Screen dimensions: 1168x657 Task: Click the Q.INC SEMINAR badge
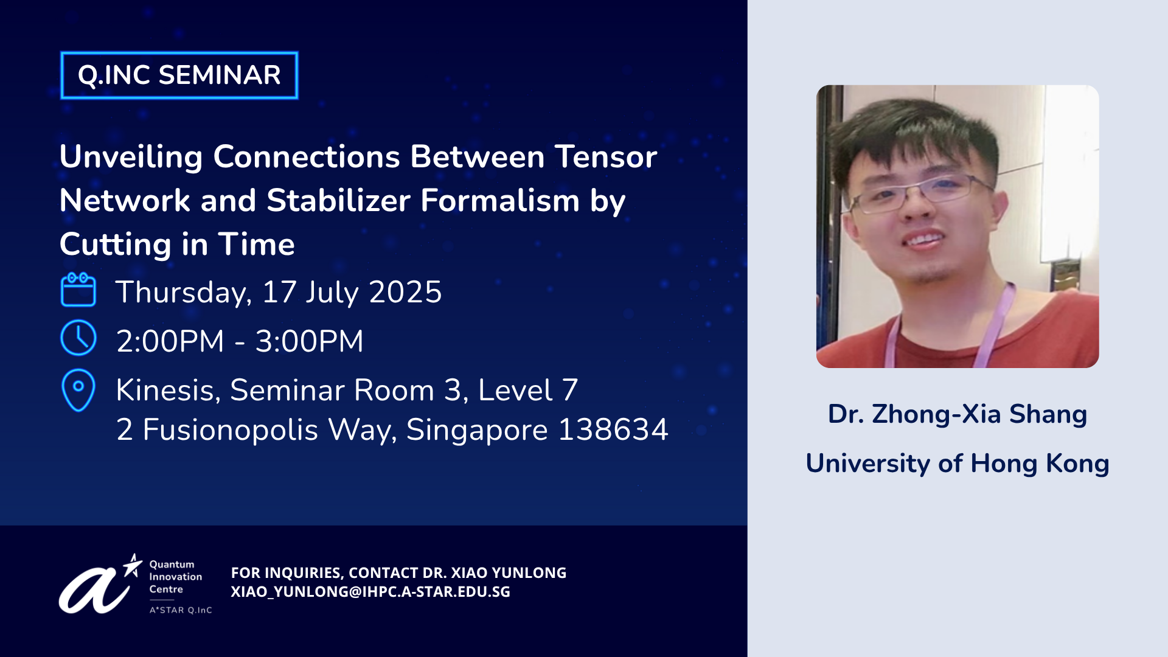[x=179, y=75]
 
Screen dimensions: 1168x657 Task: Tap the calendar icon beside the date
[x=78, y=290]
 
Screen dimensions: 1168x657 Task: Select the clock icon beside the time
[x=78, y=338]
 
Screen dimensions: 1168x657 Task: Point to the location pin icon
[x=78, y=390]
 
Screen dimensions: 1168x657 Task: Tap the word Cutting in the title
[x=116, y=245]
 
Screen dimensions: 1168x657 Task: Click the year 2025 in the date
[x=405, y=292]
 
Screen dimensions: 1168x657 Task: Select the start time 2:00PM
[x=170, y=341]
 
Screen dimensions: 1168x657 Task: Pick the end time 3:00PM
[x=309, y=341]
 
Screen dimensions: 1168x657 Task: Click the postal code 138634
[x=613, y=429]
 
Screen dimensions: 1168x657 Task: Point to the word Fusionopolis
[x=231, y=429]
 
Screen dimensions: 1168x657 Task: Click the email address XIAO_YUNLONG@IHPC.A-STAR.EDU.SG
[x=370, y=592]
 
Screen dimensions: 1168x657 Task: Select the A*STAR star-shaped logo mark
[x=133, y=565]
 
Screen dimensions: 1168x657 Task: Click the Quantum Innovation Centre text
[x=176, y=577]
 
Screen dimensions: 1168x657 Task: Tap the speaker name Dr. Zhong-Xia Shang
[x=958, y=414]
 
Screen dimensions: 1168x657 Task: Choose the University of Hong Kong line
[x=958, y=464]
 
